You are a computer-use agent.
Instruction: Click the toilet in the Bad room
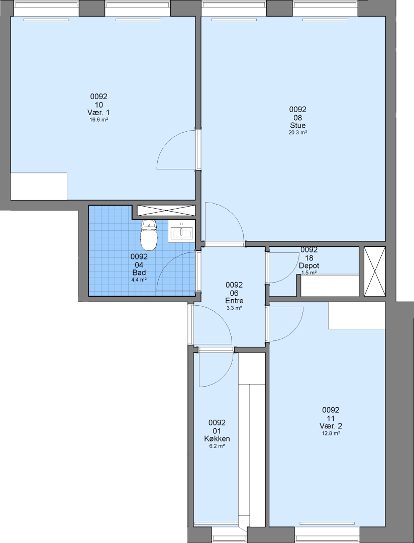149,235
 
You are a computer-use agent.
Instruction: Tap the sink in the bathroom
181,232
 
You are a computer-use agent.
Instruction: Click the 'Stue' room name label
298,125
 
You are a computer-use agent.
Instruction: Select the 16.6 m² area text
98,120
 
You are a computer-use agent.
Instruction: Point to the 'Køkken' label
217,439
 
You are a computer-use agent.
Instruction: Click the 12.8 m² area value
331,433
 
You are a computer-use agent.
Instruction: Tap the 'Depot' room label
309,265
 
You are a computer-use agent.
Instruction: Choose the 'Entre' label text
234,301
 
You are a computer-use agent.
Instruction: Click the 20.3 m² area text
298,133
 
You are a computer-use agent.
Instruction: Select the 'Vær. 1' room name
98,113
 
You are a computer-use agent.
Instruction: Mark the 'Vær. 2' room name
331,426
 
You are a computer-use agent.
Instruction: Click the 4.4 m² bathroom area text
139,280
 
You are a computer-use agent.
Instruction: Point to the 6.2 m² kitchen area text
217,446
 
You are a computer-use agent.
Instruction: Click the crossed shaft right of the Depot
374,271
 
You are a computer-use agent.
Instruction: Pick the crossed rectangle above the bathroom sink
166,211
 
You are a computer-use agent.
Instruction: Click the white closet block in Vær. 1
39,187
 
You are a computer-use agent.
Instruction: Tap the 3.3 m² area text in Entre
234,308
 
